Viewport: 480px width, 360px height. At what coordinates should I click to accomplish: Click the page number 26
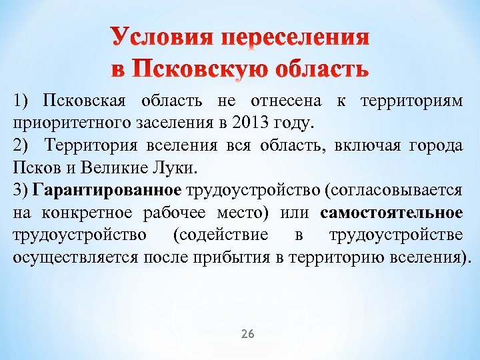pos(247,333)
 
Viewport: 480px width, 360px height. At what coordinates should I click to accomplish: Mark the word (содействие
pos(220,235)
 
